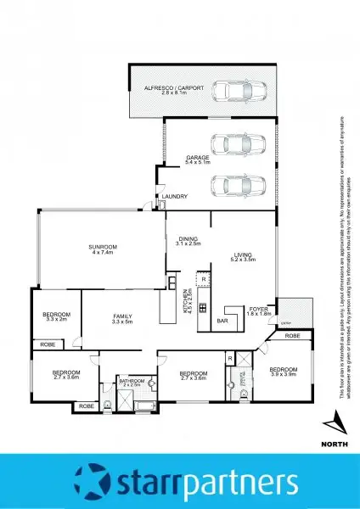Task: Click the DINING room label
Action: click(x=183, y=240)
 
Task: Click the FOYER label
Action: click(x=259, y=310)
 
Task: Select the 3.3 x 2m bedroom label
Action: click(x=55, y=317)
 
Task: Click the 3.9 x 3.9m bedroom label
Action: click(x=284, y=371)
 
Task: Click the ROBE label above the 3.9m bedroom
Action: click(x=292, y=337)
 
